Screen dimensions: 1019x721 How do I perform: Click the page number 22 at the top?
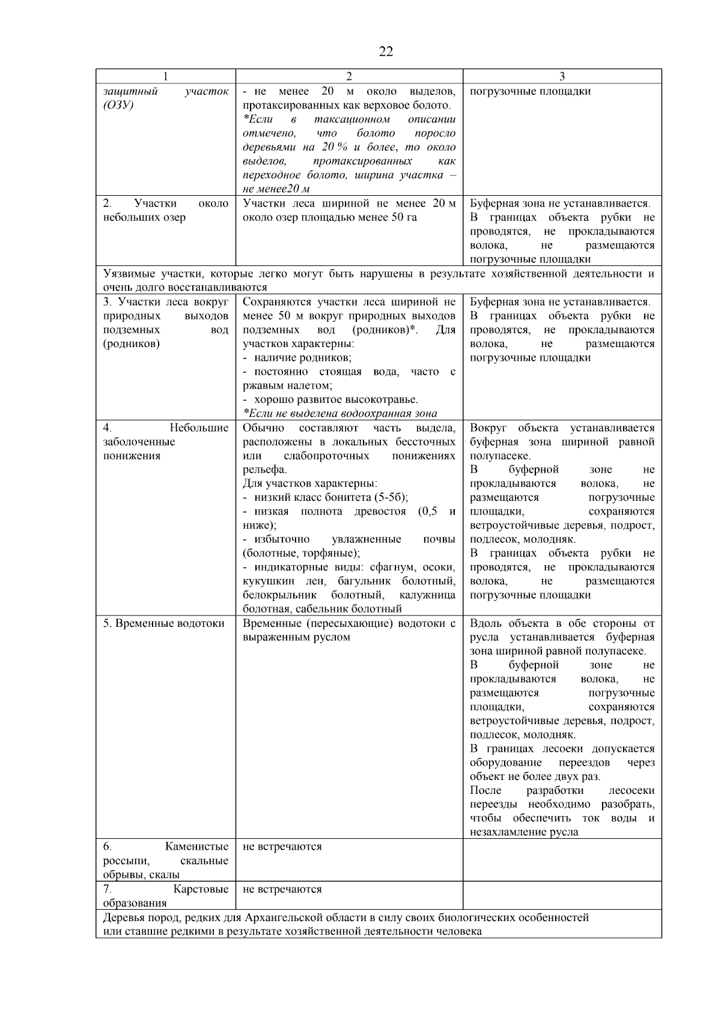point(386,52)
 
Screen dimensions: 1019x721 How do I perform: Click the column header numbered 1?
point(165,76)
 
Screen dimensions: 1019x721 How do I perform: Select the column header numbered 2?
point(348,76)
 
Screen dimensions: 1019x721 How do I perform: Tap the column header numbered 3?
point(562,76)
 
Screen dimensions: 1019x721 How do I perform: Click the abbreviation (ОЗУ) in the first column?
point(118,106)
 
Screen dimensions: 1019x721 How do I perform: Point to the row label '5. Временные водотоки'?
point(163,623)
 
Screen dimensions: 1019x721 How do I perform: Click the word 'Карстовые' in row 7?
point(201,889)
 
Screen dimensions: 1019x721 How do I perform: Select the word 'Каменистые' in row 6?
point(196,847)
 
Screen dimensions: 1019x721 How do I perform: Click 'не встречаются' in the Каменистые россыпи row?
point(282,847)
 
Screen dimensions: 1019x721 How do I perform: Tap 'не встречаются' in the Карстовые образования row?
point(282,889)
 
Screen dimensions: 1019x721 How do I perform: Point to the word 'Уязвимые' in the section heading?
point(126,274)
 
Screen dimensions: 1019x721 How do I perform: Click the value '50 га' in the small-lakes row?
point(404,217)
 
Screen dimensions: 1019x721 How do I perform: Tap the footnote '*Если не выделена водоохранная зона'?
point(339,413)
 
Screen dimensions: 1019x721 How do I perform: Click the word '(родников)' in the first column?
point(131,344)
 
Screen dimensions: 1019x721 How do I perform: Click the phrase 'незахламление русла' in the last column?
point(524,832)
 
